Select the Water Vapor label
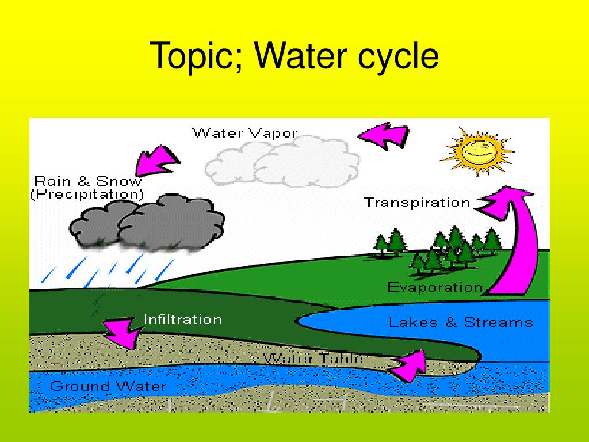tap(244, 133)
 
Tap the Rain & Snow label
tap(87, 180)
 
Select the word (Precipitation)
tap(87, 194)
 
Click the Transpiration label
tap(417, 203)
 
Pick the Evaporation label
tap(434, 287)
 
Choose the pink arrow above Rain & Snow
tap(154, 160)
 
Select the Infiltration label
tap(182, 319)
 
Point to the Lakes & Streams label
tap(461, 322)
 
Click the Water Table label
tap(313, 358)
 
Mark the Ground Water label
tap(108, 386)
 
